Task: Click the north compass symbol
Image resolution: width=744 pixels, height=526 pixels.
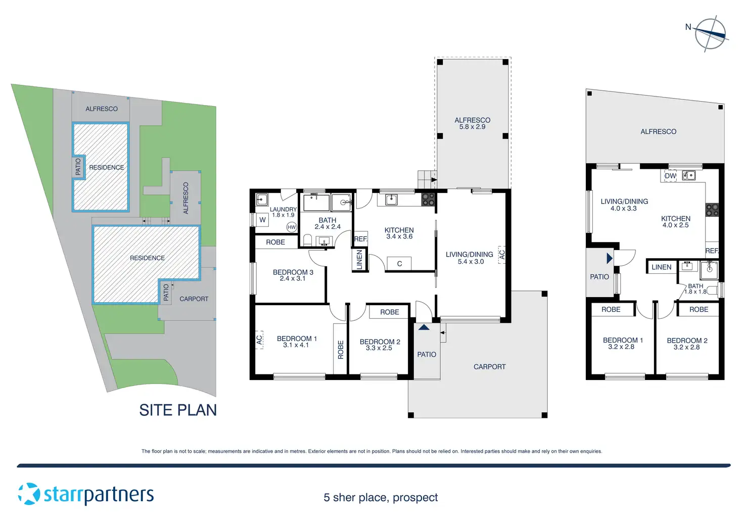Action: point(710,34)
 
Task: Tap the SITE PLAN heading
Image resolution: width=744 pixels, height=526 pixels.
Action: point(178,410)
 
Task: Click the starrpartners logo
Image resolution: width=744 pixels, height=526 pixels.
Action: point(86,494)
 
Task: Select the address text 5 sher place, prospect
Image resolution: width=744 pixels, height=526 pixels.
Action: point(381,498)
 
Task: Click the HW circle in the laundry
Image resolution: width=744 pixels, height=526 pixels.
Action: point(292,227)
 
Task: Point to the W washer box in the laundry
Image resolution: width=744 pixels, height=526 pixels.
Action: point(262,220)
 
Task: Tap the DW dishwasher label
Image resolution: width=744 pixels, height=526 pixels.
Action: point(670,176)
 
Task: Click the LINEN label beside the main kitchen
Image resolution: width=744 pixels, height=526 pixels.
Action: point(359,259)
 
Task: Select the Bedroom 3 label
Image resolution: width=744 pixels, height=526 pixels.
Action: point(293,275)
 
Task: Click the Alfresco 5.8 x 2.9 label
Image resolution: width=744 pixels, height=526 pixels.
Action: point(472,123)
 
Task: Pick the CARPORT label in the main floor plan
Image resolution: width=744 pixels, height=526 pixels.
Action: point(489,367)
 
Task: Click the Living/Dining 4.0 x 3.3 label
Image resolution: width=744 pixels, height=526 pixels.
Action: point(624,205)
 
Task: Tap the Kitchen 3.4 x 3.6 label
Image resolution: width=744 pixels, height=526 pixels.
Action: point(399,233)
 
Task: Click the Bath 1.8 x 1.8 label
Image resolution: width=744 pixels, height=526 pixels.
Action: point(695,289)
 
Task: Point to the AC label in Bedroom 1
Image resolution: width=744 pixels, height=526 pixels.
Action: point(259,340)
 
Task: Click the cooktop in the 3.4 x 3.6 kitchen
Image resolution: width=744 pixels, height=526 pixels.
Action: point(428,199)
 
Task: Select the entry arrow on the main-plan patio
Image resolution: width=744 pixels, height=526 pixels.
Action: point(424,327)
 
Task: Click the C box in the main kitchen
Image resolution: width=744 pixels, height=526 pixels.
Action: point(399,264)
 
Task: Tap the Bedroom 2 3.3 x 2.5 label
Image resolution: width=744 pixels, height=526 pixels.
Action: point(380,345)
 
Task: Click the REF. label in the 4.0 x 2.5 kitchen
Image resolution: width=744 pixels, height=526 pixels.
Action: point(712,251)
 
